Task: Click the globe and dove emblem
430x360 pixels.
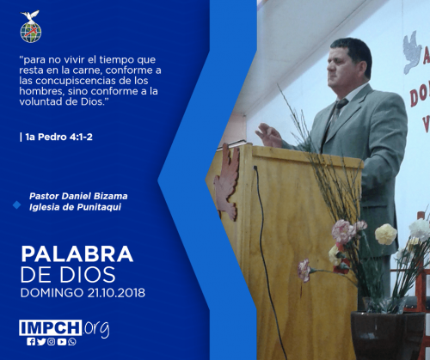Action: [x=31, y=27]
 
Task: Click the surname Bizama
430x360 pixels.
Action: [x=111, y=196]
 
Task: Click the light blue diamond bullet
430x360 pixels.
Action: [x=16, y=204]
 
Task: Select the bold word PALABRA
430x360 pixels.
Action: [x=77, y=254]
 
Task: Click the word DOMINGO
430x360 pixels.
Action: [x=52, y=293]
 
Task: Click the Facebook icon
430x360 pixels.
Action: [x=31, y=342]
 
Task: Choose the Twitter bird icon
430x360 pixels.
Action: [x=41, y=342]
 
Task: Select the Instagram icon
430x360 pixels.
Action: [x=52, y=342]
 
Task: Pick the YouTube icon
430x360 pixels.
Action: [x=62, y=342]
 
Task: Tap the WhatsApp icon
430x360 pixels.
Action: [x=72, y=342]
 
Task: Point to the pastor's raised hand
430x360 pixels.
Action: [x=268, y=135]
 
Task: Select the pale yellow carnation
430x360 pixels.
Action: [x=386, y=234]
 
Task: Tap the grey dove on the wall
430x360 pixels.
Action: [x=412, y=52]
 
